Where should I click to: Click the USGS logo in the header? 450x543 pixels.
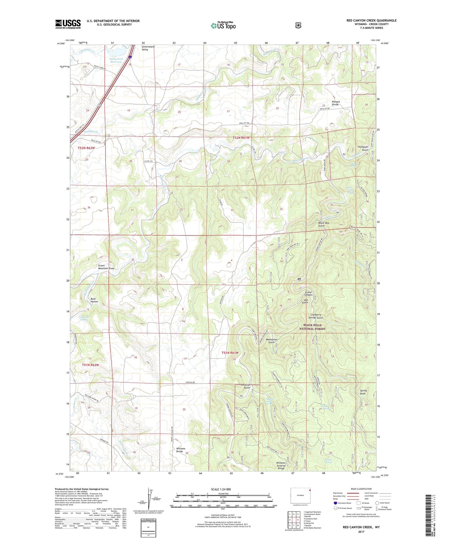[x=68, y=24]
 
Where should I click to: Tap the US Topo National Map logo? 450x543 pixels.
[x=223, y=25]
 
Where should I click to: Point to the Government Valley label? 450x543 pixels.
[x=148, y=48]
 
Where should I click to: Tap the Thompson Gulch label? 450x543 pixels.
[x=362, y=148]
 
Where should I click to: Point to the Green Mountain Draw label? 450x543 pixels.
[x=106, y=267]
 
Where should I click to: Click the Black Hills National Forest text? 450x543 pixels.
[x=312, y=327]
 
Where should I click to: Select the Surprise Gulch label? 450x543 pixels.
[x=245, y=386]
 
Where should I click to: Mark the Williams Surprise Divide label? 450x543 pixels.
[x=281, y=465]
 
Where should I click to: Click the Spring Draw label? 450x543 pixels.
[x=363, y=392]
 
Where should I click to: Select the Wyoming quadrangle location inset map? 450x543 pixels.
[x=300, y=495]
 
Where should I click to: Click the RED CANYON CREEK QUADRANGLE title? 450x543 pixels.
[x=371, y=20]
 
